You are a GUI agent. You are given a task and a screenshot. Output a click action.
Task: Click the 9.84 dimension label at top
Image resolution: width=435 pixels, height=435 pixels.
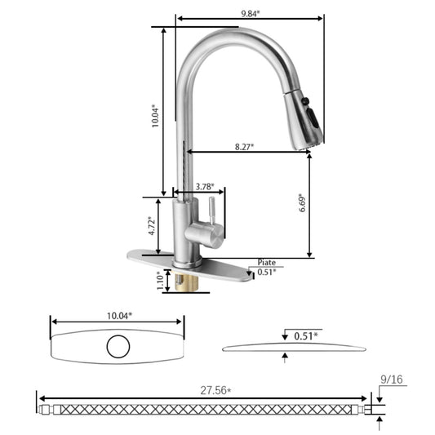(x=251, y=14)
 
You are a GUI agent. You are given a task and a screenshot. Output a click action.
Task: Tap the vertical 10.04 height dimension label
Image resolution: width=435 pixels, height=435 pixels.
(x=155, y=116)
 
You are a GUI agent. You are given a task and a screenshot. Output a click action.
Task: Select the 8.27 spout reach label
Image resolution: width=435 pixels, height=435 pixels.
(x=244, y=146)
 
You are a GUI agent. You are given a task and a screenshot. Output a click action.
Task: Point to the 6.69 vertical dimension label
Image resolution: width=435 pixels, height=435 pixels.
(x=303, y=202)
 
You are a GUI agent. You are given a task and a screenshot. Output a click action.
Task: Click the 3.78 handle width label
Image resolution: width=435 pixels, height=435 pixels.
(x=205, y=187)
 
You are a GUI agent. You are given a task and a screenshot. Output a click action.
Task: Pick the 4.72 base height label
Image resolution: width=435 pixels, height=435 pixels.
(x=152, y=226)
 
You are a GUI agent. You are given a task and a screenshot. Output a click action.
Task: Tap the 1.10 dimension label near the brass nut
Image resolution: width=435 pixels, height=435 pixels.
(x=161, y=280)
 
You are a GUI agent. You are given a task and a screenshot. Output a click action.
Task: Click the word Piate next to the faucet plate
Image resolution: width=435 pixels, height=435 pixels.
(x=267, y=263)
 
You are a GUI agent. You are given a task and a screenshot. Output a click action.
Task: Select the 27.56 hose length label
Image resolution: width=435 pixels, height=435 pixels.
(x=215, y=391)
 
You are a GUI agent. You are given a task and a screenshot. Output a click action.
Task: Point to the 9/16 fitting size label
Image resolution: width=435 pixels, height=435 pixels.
(x=392, y=380)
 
